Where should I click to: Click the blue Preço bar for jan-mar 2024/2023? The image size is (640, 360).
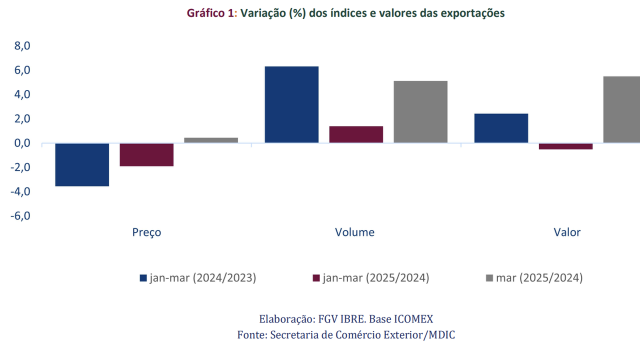pyautogui.click(x=82, y=164)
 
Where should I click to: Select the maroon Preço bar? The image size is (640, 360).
pyautogui.click(x=146, y=154)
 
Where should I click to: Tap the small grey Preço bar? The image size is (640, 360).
pyautogui.click(x=211, y=140)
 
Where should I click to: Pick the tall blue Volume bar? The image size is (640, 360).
pyautogui.click(x=291, y=104)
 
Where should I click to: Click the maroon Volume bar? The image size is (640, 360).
pyautogui.click(x=356, y=134)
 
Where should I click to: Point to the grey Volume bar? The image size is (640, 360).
pyautogui.click(x=420, y=112)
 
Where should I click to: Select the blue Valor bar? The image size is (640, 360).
pyautogui.click(x=501, y=128)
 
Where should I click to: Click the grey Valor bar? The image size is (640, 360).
pyautogui.click(x=621, y=109)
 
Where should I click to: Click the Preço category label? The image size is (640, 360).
pyautogui.click(x=146, y=232)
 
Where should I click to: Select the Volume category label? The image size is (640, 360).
pyautogui.click(x=354, y=232)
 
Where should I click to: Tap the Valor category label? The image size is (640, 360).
pyautogui.click(x=567, y=232)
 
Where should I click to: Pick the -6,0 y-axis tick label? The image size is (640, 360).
pyautogui.click(x=20, y=216)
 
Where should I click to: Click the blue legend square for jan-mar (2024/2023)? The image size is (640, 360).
pyautogui.click(x=143, y=278)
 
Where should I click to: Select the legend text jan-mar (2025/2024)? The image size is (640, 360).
pyautogui.click(x=375, y=278)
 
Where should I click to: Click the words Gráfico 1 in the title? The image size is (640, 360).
pyautogui.click(x=209, y=14)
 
